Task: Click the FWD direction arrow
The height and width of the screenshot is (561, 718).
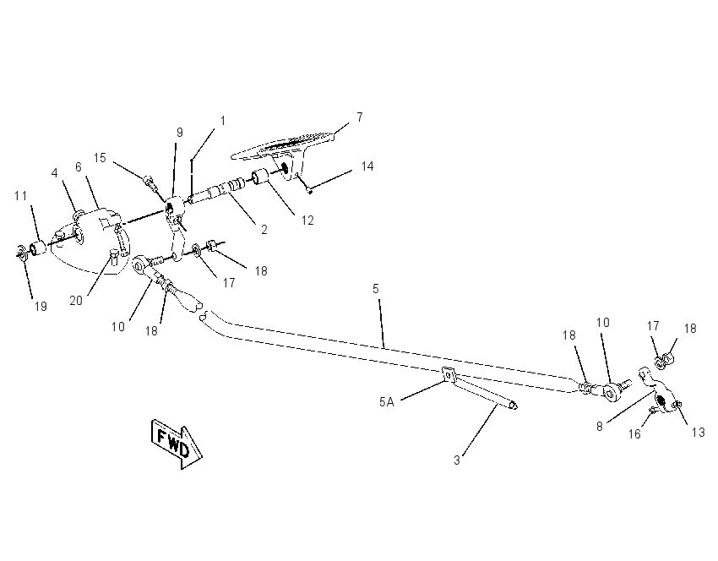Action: [177, 444]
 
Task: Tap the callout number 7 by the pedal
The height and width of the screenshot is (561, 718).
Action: [360, 117]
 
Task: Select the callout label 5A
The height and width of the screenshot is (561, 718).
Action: [387, 402]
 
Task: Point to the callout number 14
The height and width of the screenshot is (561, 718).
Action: [367, 166]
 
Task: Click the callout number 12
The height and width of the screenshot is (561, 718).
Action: [307, 221]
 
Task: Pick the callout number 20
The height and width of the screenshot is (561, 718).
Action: [76, 301]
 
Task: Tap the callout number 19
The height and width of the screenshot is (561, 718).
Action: [41, 307]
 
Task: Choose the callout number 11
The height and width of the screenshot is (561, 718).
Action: [20, 196]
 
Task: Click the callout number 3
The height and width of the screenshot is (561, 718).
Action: [456, 460]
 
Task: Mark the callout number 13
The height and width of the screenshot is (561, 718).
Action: [698, 433]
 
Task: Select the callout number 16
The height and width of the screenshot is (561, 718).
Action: [634, 433]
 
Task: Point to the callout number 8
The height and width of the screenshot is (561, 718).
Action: [600, 427]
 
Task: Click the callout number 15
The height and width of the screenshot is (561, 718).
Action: [100, 158]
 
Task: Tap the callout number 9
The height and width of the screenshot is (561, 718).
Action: [179, 133]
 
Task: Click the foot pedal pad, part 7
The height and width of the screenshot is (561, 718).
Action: [284, 148]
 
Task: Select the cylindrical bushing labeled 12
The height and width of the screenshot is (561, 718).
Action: [260, 177]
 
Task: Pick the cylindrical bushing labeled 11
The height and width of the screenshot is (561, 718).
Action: [38, 248]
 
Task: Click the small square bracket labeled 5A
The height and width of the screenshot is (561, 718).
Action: [448, 374]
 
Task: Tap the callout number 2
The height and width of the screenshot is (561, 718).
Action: [264, 230]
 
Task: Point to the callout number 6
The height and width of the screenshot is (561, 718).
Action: [79, 167]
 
